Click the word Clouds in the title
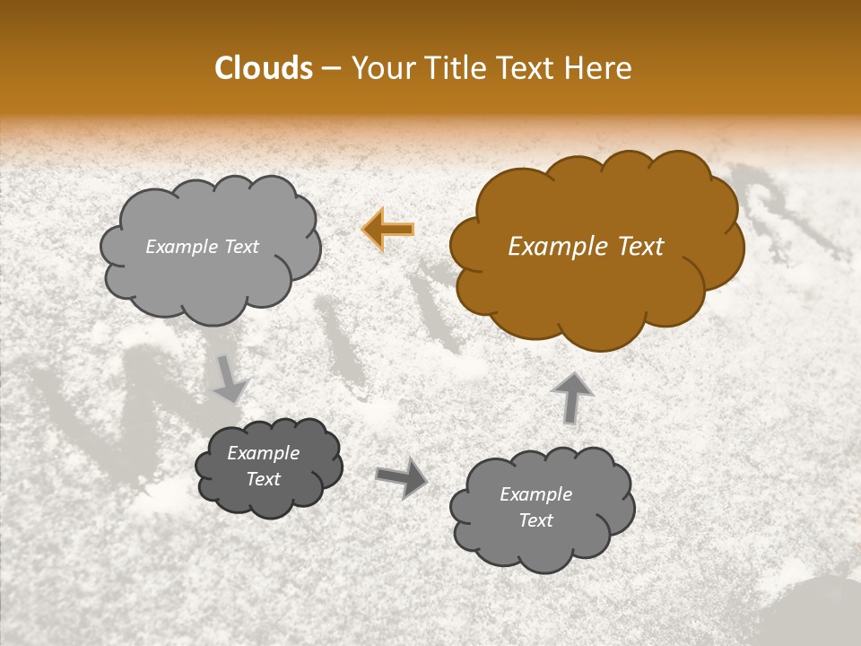coord(264,68)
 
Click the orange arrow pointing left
coord(388,229)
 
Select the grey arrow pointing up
coord(572,396)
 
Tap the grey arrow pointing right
coord(402,476)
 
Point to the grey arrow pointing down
coord(230,378)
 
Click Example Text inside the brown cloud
coord(586,247)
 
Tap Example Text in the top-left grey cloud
coord(202,247)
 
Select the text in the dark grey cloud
coord(264,467)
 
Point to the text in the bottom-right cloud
coord(535,507)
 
